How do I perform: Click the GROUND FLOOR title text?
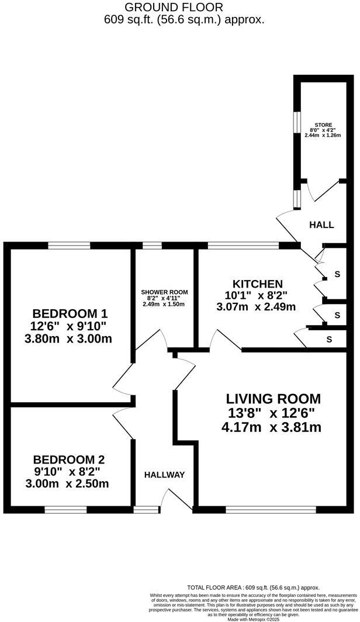click(x=174, y=8)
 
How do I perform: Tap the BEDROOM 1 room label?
click(x=70, y=313)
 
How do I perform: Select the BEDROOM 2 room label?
click(x=69, y=459)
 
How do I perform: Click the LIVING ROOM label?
click(x=274, y=399)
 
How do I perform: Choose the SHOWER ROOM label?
click(x=164, y=292)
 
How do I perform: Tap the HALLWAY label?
click(x=164, y=475)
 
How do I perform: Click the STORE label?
click(x=324, y=125)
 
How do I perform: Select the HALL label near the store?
click(x=321, y=224)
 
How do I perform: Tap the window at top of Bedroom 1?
click(x=69, y=246)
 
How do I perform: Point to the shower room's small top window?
click(x=152, y=246)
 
